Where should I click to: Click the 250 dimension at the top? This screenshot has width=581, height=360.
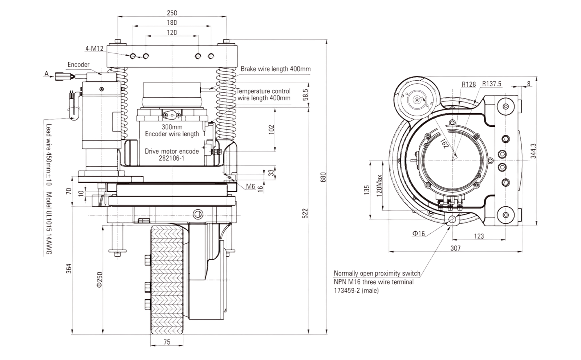[172, 13]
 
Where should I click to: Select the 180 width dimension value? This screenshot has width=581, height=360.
[172, 23]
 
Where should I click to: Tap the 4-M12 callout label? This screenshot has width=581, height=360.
[95, 49]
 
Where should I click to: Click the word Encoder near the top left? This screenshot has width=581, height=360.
[78, 65]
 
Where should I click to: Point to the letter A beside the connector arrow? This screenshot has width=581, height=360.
[47, 74]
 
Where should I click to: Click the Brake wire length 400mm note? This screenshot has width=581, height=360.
[276, 69]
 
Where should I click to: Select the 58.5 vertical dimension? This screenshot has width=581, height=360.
[305, 95]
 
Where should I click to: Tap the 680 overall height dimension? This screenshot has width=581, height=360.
[323, 177]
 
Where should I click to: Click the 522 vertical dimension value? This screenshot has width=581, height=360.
[305, 213]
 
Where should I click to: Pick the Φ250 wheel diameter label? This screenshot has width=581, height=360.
[100, 280]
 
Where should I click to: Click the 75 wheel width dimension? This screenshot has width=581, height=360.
[167, 342]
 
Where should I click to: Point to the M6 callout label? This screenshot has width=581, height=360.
[251, 186]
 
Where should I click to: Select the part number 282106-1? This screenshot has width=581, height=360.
[171, 158]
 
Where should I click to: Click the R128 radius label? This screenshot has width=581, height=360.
[469, 84]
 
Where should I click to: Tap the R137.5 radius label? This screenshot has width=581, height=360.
[492, 84]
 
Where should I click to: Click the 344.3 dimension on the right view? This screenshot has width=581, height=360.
[533, 151]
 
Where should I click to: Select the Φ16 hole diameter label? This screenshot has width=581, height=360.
[419, 234]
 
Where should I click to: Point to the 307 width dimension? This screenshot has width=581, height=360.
[455, 248]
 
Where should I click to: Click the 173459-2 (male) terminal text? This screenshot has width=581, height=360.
[356, 291]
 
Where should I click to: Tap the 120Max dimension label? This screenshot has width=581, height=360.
[379, 186]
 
